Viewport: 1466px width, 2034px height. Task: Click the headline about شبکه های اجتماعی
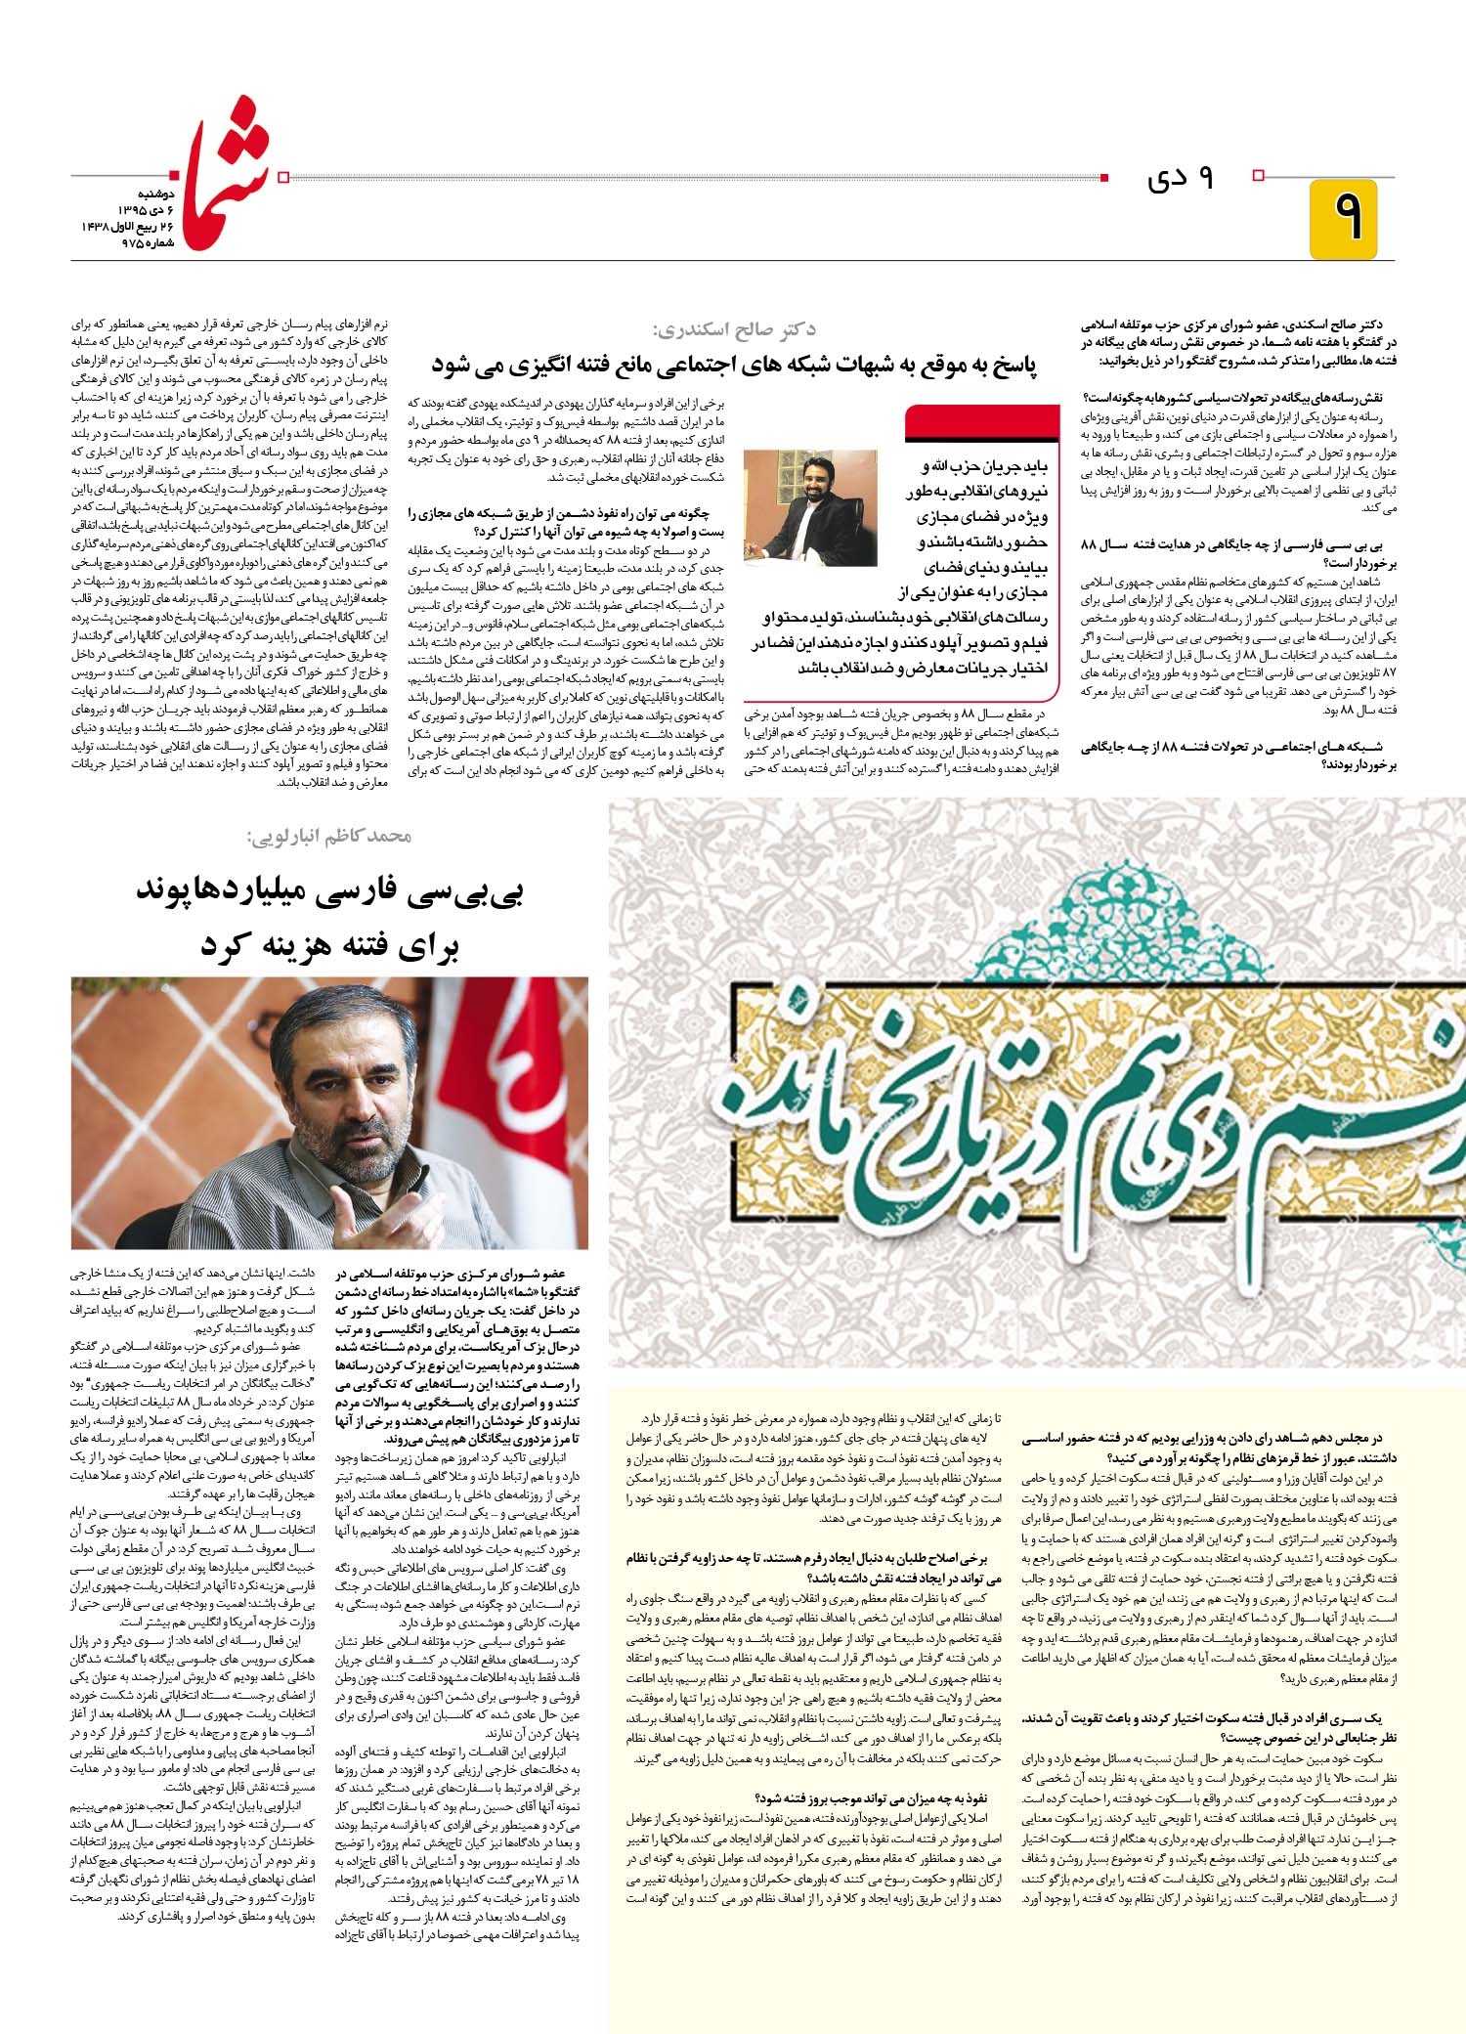point(734,365)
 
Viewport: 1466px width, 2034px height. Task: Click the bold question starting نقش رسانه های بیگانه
point(1238,397)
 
